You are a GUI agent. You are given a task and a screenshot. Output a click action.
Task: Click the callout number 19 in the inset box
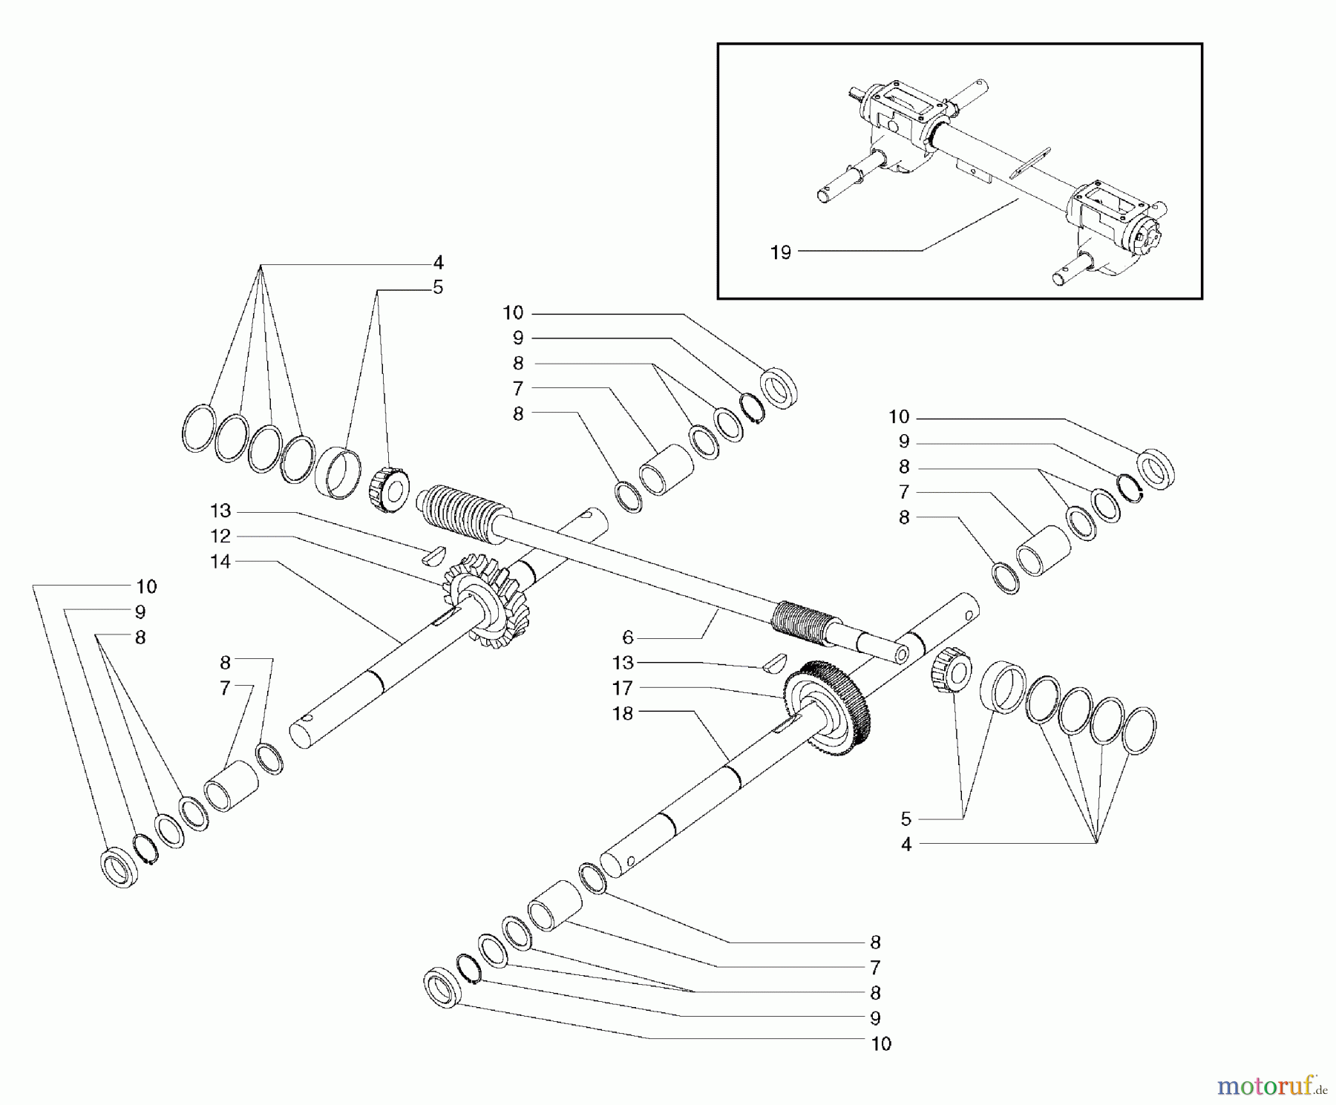(780, 252)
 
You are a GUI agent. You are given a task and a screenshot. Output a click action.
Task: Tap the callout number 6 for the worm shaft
(628, 637)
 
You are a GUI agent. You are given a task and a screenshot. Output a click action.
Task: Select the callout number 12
(220, 536)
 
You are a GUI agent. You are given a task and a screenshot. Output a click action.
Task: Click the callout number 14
(220, 562)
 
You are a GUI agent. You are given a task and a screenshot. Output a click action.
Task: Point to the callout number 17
(622, 688)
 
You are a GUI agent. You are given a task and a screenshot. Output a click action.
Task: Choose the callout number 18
(622, 713)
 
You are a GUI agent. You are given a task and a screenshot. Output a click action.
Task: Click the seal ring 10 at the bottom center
(444, 986)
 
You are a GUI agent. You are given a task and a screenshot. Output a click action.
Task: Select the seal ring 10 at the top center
(779, 387)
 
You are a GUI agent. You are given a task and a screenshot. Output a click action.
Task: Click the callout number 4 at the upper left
(438, 263)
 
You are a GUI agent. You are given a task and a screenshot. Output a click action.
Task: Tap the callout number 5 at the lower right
(906, 819)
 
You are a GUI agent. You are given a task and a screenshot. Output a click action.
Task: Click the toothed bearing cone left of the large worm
(388, 490)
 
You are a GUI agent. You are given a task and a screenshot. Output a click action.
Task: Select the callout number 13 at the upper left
(220, 511)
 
